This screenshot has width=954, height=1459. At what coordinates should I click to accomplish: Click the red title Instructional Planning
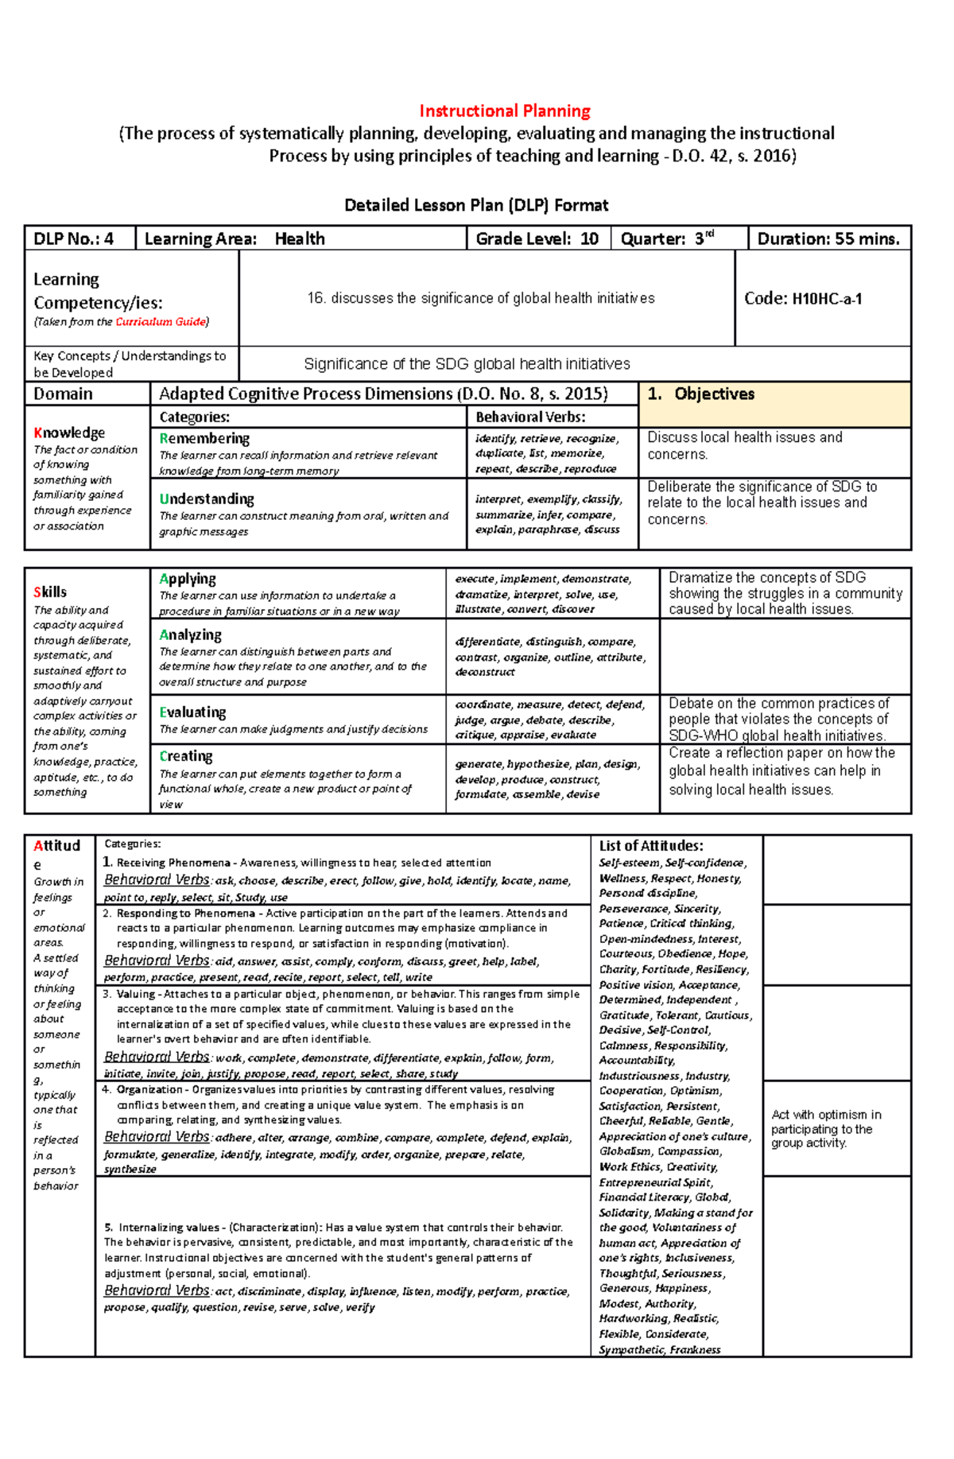click(x=504, y=111)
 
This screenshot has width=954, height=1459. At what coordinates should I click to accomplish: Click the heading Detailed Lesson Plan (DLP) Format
click(x=476, y=205)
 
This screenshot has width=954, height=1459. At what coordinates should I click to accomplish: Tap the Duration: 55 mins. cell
click(x=828, y=239)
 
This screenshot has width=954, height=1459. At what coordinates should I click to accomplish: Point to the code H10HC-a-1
click(x=803, y=299)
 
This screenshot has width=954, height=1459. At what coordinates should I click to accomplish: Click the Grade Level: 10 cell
click(x=537, y=239)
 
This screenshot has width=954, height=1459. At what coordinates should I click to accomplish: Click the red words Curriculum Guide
click(x=160, y=322)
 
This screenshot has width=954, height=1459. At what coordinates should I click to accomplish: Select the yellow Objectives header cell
click(x=774, y=403)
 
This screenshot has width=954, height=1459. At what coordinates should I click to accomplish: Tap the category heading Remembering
click(x=204, y=438)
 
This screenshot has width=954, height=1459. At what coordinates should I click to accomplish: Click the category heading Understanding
click(x=207, y=499)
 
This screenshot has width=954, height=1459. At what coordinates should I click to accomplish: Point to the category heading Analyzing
click(x=190, y=634)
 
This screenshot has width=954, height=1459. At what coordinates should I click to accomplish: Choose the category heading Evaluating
click(x=192, y=712)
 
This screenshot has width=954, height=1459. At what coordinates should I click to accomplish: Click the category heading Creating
click(x=186, y=756)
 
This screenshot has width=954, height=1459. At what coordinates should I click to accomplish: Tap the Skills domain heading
click(x=50, y=592)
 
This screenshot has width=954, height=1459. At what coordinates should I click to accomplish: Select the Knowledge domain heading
click(x=69, y=433)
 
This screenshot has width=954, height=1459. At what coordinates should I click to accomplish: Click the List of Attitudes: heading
click(x=650, y=846)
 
